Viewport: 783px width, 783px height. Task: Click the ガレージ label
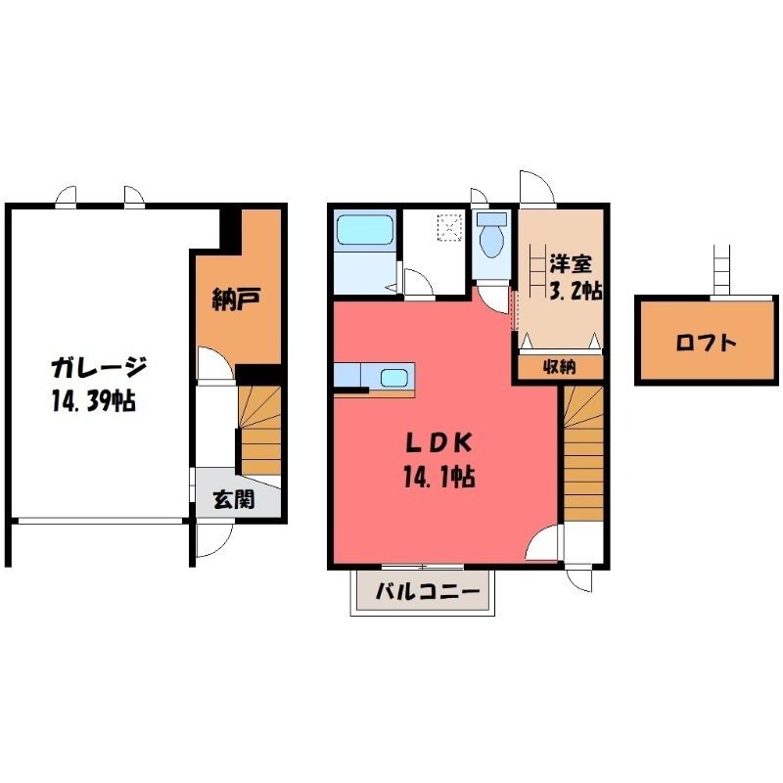pyautogui.click(x=99, y=370)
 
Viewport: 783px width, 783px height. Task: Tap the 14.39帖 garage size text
pyautogui.click(x=93, y=400)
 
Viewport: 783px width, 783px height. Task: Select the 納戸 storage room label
pyautogui.click(x=237, y=299)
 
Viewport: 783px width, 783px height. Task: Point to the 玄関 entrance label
pyautogui.click(x=234, y=499)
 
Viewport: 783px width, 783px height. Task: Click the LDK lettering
pyautogui.click(x=438, y=443)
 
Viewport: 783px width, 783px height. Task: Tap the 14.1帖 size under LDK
pyautogui.click(x=438, y=476)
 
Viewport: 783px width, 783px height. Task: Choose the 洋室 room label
pyautogui.click(x=571, y=264)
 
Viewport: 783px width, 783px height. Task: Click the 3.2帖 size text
pyautogui.click(x=576, y=290)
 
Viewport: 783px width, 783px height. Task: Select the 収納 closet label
pyautogui.click(x=559, y=368)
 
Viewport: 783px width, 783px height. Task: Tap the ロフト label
pyautogui.click(x=706, y=344)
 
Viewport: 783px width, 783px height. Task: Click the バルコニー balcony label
pyautogui.click(x=427, y=592)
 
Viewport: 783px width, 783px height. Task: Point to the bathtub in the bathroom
pyautogui.click(x=364, y=230)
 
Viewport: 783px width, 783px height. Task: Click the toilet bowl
pyautogui.click(x=492, y=236)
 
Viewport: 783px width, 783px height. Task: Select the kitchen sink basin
pyautogui.click(x=394, y=378)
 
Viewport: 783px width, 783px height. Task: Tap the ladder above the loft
pyautogui.click(x=721, y=270)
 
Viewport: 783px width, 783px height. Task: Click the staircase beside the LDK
pyautogui.click(x=583, y=453)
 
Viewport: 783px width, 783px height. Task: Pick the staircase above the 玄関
pyautogui.click(x=259, y=431)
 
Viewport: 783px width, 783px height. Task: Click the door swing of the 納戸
pyautogui.click(x=215, y=363)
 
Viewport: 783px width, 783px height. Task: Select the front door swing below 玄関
pyautogui.click(x=215, y=539)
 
